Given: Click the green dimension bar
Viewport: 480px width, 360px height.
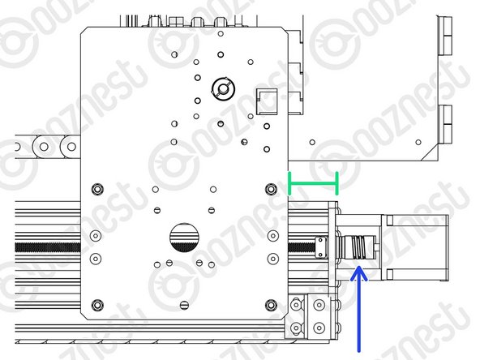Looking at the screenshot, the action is point(313,183).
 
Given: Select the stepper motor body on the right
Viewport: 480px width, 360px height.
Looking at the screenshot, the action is point(415,247).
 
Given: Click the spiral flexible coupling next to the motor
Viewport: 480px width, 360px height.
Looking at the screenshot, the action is point(358,247).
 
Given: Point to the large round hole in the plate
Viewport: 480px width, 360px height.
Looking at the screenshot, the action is point(184,238).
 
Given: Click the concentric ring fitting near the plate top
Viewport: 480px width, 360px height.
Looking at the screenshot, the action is point(223,88).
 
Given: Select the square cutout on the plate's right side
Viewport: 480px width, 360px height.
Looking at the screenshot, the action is point(267,101).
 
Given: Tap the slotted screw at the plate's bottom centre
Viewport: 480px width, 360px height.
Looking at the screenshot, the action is point(184,305).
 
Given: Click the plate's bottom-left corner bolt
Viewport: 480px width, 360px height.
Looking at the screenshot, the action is point(97,305).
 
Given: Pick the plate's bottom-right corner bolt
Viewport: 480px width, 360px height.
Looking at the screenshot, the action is point(271,305).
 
